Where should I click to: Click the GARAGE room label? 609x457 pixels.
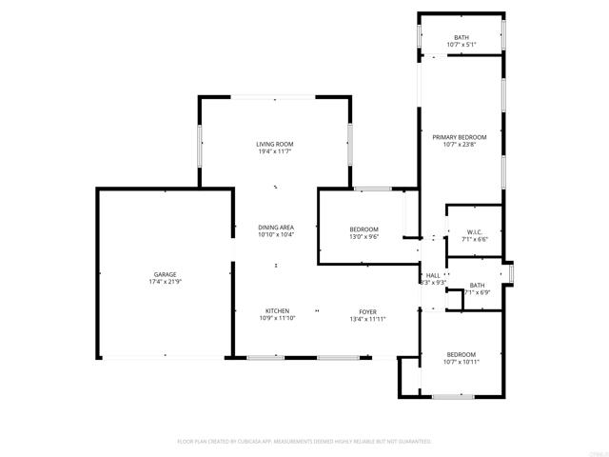[166, 274]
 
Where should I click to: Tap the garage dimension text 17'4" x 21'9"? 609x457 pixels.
[166, 282]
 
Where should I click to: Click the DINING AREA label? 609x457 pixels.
[276, 228]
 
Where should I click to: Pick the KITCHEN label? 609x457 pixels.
[277, 310]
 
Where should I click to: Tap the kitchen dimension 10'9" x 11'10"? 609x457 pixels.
[277, 318]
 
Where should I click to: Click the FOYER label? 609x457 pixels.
[367, 310]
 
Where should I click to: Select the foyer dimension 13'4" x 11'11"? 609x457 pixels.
[367, 318]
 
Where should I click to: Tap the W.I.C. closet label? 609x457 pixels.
[476, 232]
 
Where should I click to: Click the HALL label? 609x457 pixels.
[433, 274]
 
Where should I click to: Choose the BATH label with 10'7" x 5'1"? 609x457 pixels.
[462, 37]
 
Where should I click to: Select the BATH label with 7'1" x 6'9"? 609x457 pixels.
[477, 285]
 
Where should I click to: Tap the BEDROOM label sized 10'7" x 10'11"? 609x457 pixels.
[462, 354]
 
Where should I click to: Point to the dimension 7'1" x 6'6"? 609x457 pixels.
[476, 240]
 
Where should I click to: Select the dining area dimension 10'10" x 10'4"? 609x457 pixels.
[276, 235]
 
